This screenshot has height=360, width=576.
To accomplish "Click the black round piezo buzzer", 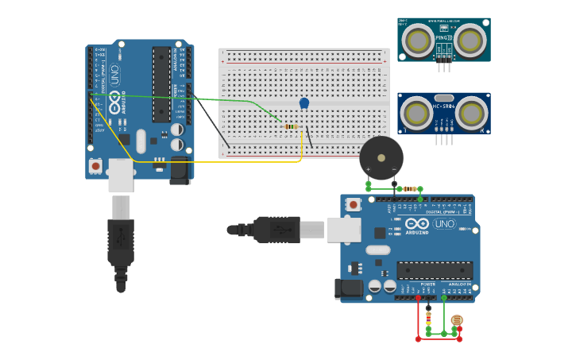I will click(381, 158).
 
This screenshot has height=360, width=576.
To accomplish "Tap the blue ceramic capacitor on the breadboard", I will click(304, 103).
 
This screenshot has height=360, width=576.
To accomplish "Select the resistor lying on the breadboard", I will click(291, 126).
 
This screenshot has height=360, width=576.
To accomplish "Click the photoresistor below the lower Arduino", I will click(456, 320).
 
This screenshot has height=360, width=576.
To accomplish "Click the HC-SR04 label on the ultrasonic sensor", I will click(443, 106).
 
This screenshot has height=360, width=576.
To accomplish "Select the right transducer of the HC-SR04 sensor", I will click(471, 114).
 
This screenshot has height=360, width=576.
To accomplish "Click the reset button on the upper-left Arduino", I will click(95, 166).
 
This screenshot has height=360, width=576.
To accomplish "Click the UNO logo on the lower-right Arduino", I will click(443, 224).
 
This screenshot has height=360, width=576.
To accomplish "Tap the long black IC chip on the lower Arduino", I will click(434, 270).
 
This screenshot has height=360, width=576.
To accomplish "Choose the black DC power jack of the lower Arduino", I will click(349, 288).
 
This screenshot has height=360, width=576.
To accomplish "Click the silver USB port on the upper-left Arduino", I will click(121, 174).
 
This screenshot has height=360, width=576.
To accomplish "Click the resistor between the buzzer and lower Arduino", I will click(410, 188).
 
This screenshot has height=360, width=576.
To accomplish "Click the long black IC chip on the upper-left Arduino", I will click(161, 83).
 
